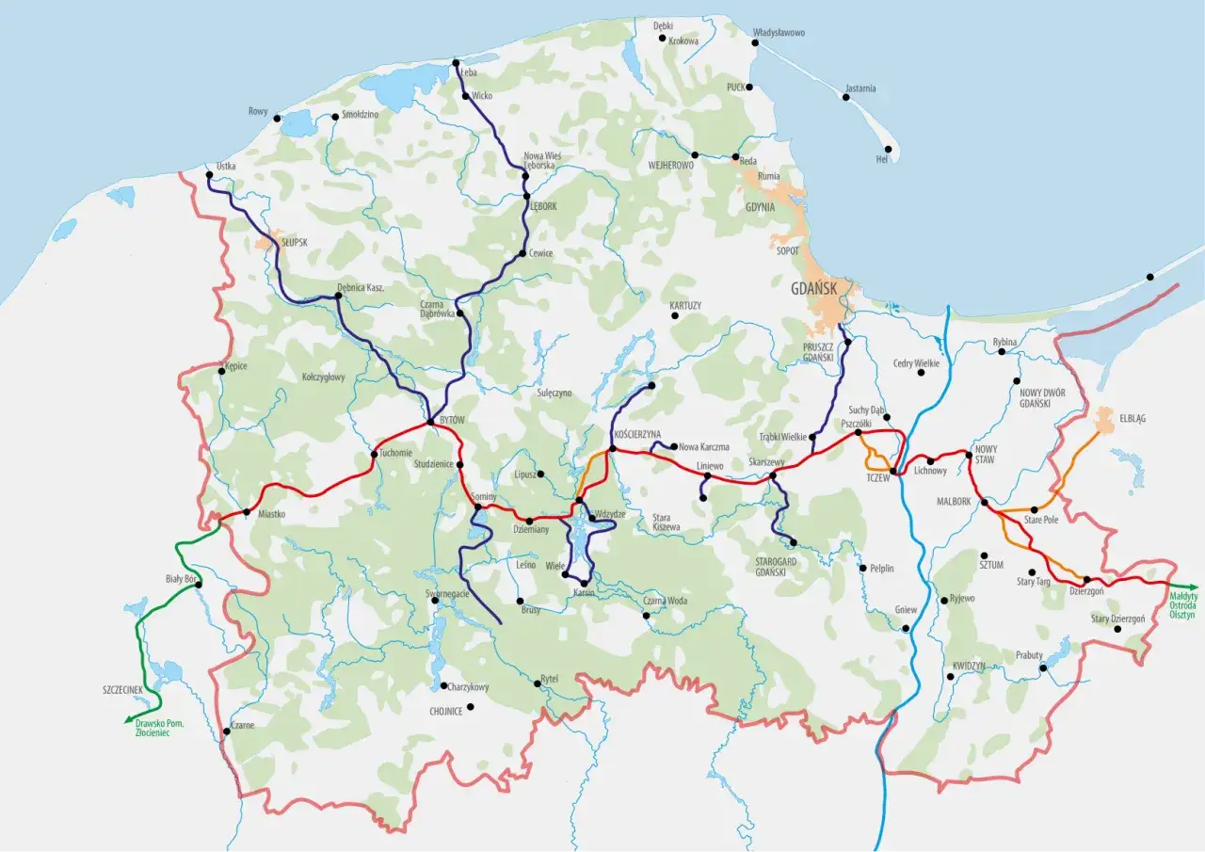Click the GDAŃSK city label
coord(815,289)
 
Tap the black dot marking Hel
coord(887,150)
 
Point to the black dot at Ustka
coord(209,175)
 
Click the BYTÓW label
coord(453,419)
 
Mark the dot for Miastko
coord(247,512)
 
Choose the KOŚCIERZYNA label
coord(636,434)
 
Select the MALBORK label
coord(954,502)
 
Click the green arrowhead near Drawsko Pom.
coord(127,721)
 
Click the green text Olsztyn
coord(1181,614)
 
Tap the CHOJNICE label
coord(445,712)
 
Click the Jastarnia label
coord(860,88)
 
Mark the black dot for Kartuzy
coord(675,316)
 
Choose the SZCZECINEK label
coord(122,690)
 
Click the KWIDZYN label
coord(968,666)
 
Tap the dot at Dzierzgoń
coord(1086,580)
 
